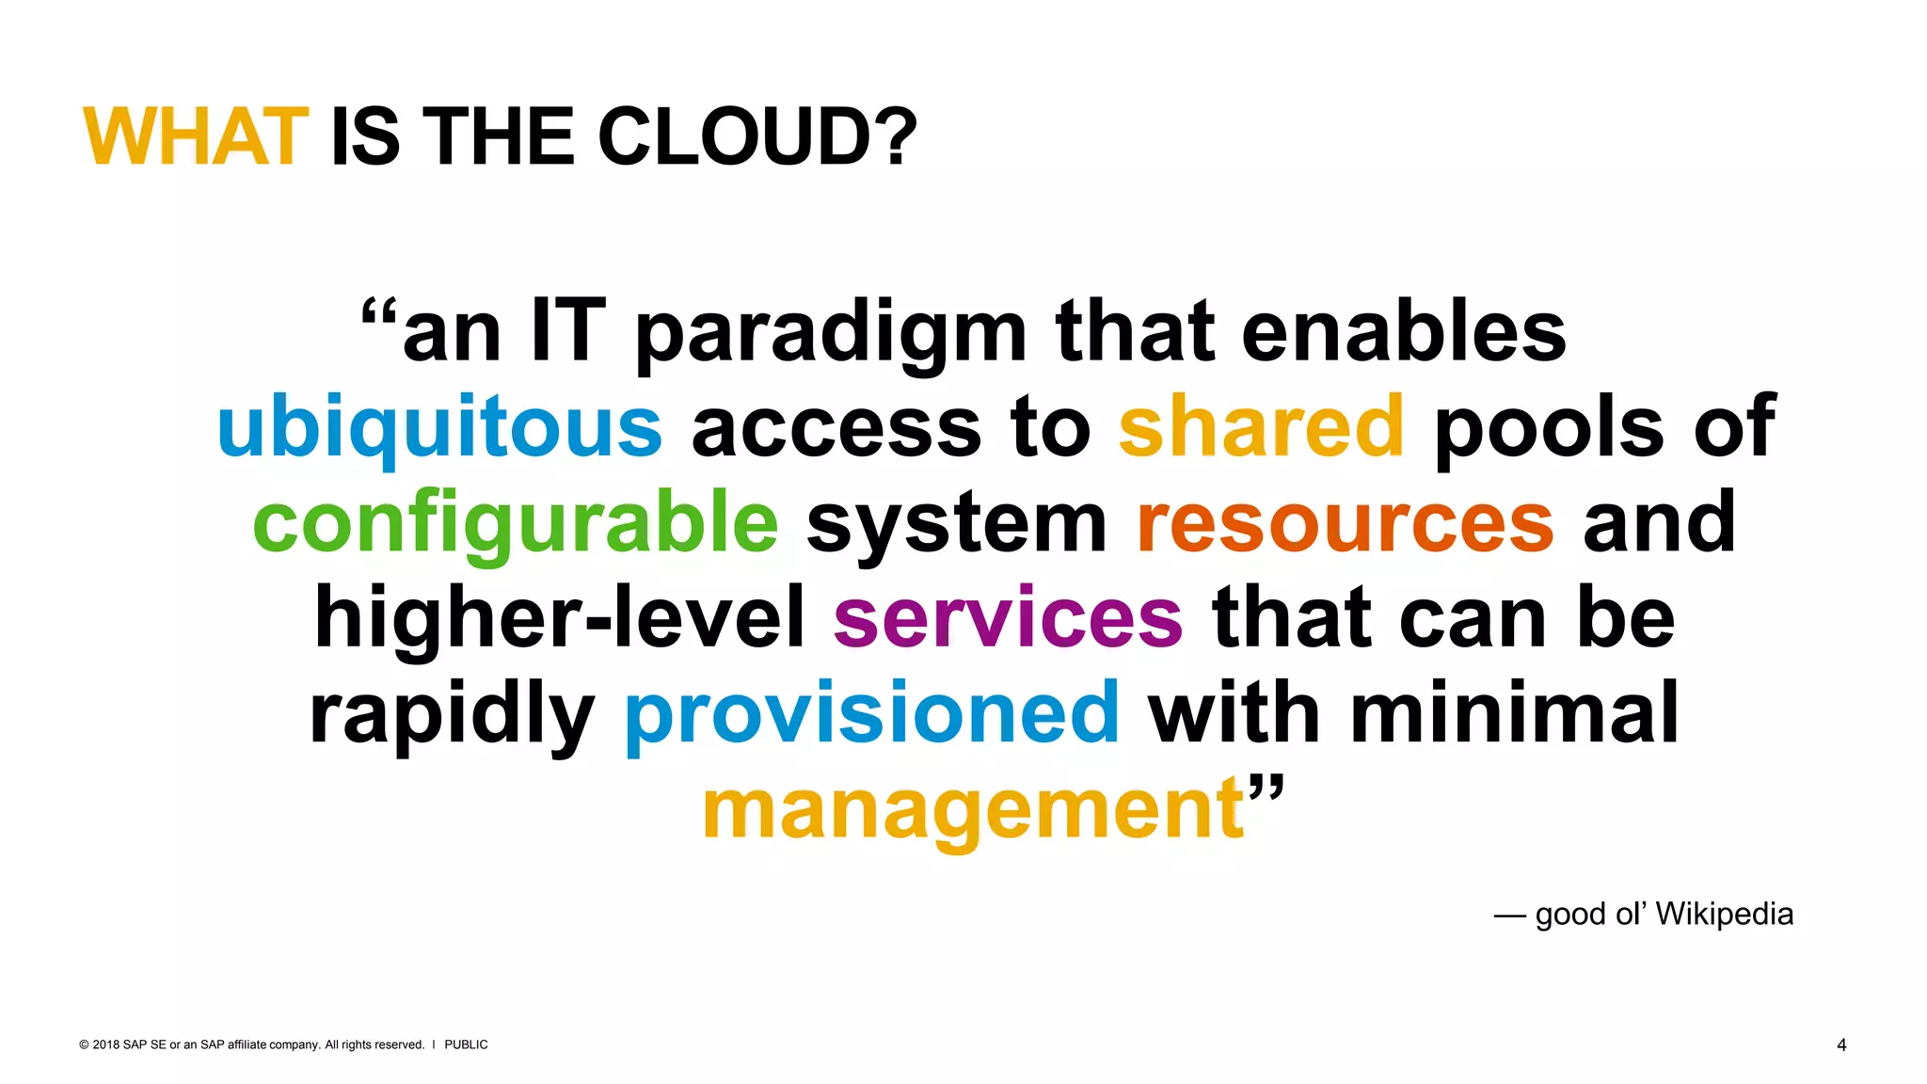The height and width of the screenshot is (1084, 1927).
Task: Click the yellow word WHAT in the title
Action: (196, 137)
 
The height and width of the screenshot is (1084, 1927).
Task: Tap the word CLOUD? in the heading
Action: (756, 137)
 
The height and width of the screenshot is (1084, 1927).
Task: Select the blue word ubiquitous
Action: (439, 428)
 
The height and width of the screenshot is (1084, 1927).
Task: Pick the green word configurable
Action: (516, 523)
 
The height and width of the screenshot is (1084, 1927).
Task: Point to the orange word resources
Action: (1346, 523)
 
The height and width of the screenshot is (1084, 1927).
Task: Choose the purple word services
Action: (1008, 618)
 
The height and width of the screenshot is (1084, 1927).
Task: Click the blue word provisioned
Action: (872, 714)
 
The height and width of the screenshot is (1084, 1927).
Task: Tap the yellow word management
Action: (974, 810)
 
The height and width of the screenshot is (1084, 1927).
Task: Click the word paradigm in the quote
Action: (831, 333)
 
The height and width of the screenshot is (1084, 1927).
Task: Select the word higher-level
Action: (560, 618)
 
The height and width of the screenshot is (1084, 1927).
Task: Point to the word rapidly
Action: (452, 714)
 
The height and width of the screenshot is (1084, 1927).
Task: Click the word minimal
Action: (1514, 712)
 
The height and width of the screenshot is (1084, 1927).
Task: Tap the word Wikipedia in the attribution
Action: (1724, 914)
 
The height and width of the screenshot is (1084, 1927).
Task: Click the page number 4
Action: (1841, 1044)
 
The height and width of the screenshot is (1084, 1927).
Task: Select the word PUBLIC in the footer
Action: (466, 1044)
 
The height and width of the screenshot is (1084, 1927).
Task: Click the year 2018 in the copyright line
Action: (106, 1044)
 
